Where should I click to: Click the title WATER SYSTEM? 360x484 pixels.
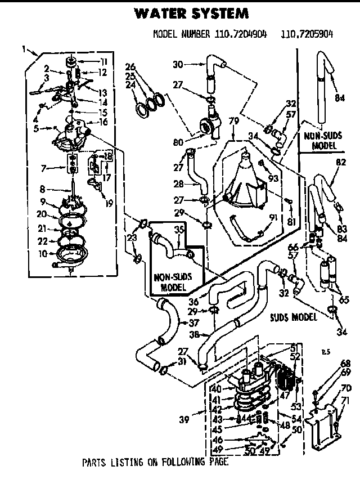tap(192, 12)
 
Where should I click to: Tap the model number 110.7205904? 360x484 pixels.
tap(307, 34)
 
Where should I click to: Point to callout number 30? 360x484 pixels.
tap(178, 64)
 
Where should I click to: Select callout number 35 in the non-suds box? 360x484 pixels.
tap(179, 230)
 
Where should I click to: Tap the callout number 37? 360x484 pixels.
tap(194, 323)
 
